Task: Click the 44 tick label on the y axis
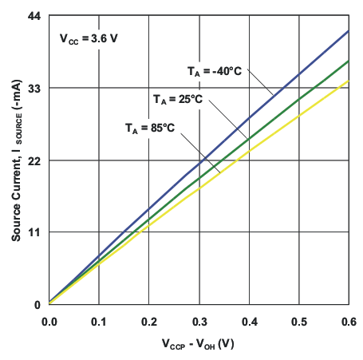(34, 15)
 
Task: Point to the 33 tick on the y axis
(34, 88)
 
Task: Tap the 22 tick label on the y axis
(34, 160)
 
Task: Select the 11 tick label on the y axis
(34, 232)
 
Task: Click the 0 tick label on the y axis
(37, 304)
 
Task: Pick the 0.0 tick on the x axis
(49, 320)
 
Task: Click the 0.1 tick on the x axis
(99, 320)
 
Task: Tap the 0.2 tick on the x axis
(149, 320)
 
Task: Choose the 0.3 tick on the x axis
(199, 320)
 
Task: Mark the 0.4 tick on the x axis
(249, 320)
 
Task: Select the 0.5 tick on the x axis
(299, 320)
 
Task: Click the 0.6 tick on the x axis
(349, 320)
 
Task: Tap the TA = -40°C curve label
(215, 71)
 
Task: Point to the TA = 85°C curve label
(149, 128)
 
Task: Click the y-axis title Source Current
(16, 160)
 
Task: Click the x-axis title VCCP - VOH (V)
(199, 345)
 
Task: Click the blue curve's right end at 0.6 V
(349, 31)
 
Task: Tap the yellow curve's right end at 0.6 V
(349, 81)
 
